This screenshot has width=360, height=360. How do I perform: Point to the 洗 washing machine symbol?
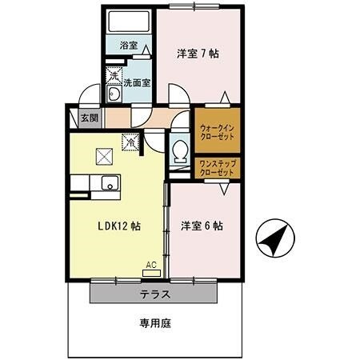coord(115,78)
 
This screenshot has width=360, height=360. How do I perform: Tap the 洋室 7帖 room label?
coord(198,54)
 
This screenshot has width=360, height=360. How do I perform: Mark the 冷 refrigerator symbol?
coord(128,142)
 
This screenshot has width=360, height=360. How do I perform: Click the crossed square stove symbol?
coord(103,156)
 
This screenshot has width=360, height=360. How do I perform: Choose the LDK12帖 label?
coord(121,226)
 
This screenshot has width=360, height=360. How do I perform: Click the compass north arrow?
coord(274,238)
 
